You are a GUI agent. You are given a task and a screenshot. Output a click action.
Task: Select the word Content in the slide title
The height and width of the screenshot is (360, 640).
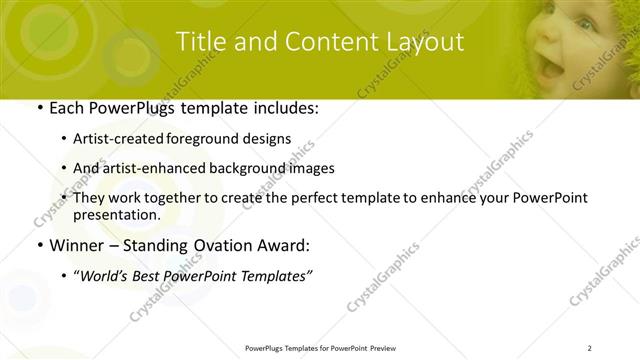[x=320, y=42]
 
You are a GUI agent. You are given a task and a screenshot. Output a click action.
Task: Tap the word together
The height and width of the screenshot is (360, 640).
[x=168, y=198]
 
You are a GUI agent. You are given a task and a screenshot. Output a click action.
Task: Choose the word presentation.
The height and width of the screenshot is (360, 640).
[x=116, y=214]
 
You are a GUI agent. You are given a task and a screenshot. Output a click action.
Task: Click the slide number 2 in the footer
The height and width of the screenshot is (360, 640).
[x=590, y=348]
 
